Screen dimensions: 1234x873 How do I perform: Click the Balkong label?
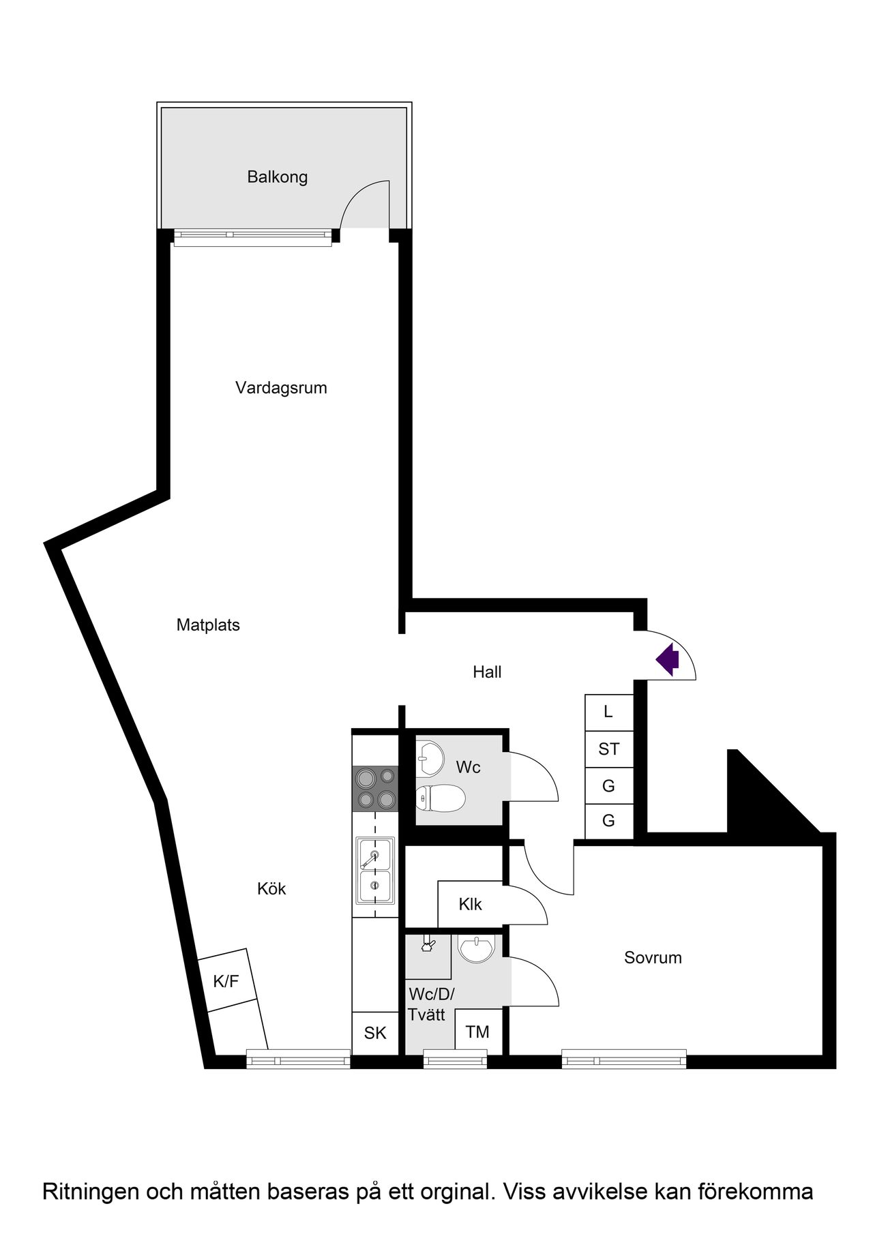pos(277,177)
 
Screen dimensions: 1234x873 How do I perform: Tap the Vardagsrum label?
pos(281,388)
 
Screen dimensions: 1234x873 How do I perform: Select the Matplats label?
pos(208,625)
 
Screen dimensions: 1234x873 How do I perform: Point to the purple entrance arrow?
pos(668,659)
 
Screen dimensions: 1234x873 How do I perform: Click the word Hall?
pos(487,672)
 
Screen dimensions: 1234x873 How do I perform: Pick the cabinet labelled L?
pos(608,712)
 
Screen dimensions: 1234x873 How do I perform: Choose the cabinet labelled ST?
pos(608,749)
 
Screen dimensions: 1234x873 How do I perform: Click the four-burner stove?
pos(375,789)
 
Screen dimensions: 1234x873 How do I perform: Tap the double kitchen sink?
pos(374,870)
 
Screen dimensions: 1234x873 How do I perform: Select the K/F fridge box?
pos(226,981)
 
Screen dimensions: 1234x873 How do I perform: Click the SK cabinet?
pos(374,1033)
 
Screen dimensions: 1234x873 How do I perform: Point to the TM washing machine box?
pos(477,1032)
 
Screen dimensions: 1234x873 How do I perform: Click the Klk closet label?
pos(470,905)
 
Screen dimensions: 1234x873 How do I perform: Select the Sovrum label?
pos(653,958)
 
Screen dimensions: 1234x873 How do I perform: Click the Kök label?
pos(271,889)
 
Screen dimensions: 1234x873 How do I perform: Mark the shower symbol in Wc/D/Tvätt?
pos(428,944)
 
